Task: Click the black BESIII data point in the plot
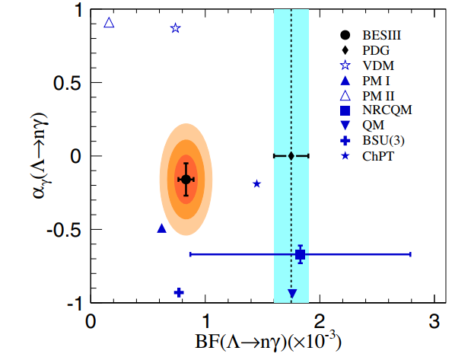[x=186, y=179]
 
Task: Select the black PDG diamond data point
[x=291, y=156]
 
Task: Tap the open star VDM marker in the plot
[x=176, y=28]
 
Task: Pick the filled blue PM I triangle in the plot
[x=161, y=228]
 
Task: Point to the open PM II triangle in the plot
[x=109, y=23]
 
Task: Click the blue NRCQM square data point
[x=301, y=254]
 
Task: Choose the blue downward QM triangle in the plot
[x=292, y=293]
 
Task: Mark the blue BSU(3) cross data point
[x=179, y=292]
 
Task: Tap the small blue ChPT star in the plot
[x=256, y=183]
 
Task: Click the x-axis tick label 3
[x=434, y=320]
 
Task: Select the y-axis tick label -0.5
[x=67, y=230]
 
